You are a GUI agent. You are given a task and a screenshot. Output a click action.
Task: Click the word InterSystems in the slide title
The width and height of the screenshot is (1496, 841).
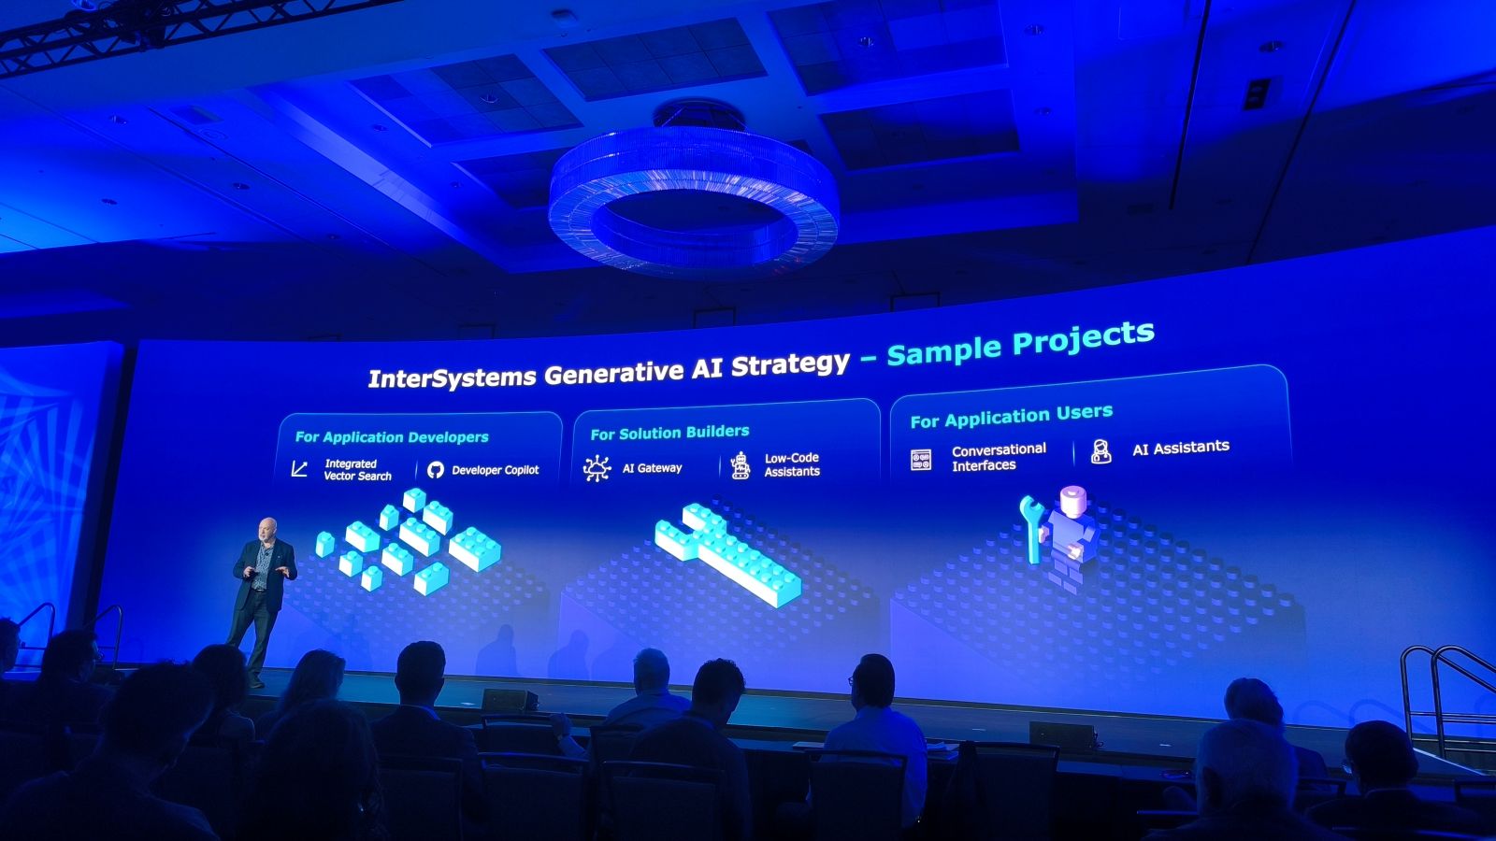[452, 378]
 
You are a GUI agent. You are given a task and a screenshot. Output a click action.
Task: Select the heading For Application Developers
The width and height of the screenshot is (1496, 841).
[392, 437]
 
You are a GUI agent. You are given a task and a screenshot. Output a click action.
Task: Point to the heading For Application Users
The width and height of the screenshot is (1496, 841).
[1011, 417]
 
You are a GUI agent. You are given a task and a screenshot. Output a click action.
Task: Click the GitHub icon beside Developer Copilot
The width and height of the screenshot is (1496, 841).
[436, 470]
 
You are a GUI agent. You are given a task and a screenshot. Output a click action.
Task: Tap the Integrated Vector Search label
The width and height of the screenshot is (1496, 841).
[358, 470]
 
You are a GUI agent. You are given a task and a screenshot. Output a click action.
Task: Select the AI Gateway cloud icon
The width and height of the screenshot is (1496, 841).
[597, 468]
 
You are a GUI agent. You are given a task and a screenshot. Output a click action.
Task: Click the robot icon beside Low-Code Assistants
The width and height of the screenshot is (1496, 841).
[740, 465]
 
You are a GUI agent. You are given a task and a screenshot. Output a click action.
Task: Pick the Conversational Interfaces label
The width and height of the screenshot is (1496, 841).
[999, 457]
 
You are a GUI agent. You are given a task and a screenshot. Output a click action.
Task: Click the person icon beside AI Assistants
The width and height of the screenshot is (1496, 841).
[1100, 451]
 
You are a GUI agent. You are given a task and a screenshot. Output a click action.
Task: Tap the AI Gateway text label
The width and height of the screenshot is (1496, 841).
[652, 468]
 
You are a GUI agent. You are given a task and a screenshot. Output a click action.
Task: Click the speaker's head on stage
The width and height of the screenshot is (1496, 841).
[267, 530]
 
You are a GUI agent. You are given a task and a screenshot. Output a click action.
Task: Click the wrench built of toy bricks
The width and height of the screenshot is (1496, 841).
[728, 555]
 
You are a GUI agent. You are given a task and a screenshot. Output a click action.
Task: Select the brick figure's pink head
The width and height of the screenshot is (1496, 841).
[1072, 501]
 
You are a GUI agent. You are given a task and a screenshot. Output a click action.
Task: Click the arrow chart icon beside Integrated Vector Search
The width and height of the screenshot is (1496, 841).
[299, 468]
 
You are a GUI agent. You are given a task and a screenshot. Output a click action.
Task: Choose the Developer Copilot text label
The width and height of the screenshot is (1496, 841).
[495, 470]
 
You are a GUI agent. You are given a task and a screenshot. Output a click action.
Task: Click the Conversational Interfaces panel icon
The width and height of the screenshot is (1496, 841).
[921, 460]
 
